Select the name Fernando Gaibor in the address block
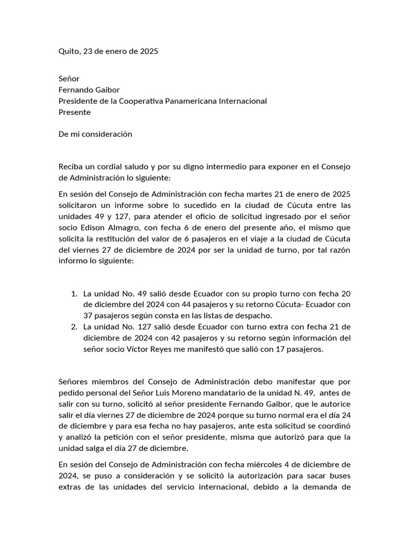pos(89,90)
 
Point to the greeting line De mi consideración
pos(95,134)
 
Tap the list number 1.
pos(74,294)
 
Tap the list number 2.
pos(74,327)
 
